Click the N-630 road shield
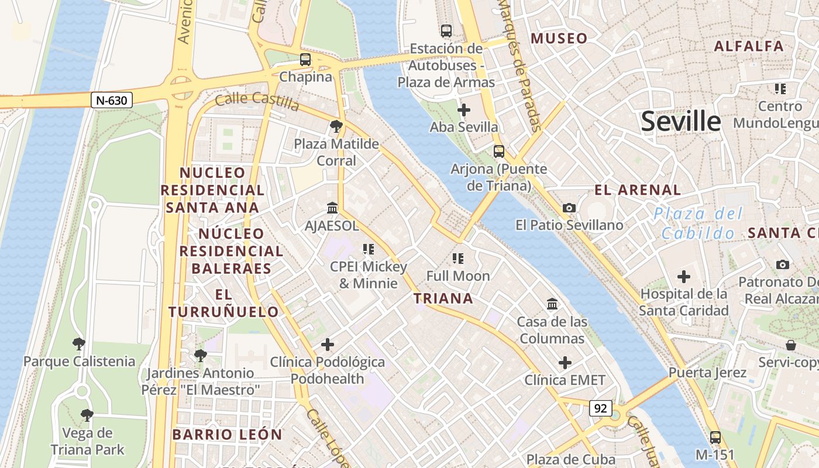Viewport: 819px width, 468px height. [x=111, y=100]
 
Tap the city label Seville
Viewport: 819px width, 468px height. [x=681, y=122]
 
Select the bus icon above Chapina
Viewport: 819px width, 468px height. [x=305, y=59]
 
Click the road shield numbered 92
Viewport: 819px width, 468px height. [x=600, y=408]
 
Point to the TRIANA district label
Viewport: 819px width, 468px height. [x=443, y=298]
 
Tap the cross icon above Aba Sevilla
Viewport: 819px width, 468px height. [x=464, y=109]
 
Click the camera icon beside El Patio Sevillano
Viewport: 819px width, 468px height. [x=569, y=208]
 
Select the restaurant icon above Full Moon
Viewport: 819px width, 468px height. [x=458, y=258]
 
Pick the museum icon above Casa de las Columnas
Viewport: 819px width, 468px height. [x=552, y=304]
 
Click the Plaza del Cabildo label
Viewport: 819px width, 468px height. [x=698, y=223]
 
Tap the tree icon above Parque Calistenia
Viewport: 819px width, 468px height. [x=79, y=343]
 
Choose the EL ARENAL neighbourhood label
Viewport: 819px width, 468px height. [x=638, y=190]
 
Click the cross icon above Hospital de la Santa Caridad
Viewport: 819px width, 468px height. [x=683, y=276]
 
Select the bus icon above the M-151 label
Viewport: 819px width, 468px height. [x=715, y=437]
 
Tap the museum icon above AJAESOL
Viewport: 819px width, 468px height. [x=332, y=208]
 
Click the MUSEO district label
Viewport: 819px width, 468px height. [x=559, y=39]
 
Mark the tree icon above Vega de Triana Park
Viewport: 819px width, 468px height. [x=87, y=415]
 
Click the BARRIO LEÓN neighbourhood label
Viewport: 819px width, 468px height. [x=227, y=435]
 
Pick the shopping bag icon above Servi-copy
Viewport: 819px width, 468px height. [x=790, y=345]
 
